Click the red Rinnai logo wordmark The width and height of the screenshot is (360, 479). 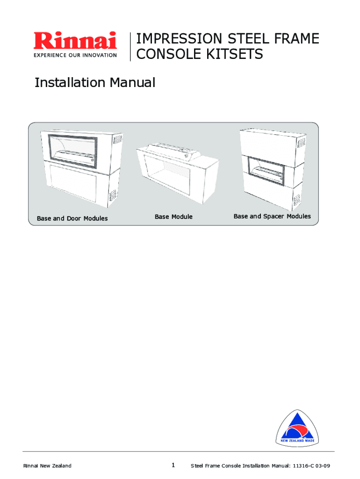tap(75, 41)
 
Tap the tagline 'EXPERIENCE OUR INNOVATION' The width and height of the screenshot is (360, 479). tap(75, 55)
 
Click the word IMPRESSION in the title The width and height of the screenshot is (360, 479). tap(179, 39)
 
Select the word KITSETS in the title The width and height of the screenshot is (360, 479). tap(235, 54)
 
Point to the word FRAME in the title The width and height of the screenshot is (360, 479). tap(297, 39)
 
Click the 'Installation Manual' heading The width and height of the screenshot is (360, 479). tap(95, 82)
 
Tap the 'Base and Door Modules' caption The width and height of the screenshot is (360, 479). tap(72, 218)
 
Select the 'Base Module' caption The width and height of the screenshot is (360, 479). tap(173, 217)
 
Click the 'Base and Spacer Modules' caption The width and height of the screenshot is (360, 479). tap(272, 216)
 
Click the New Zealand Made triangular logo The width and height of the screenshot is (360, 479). tap(297, 428)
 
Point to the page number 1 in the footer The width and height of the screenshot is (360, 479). tap(173, 465)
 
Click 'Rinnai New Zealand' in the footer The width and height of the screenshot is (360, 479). tap(47, 466)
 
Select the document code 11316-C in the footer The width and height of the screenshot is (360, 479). tap(303, 466)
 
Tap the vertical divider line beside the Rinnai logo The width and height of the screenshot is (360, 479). tap(130, 47)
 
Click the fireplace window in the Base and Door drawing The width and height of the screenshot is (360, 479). tap(72, 151)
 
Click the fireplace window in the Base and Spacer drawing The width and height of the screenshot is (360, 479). tap(266, 172)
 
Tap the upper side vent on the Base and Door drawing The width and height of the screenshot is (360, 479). tap(117, 140)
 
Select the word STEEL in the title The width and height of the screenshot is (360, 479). tap(248, 39)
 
